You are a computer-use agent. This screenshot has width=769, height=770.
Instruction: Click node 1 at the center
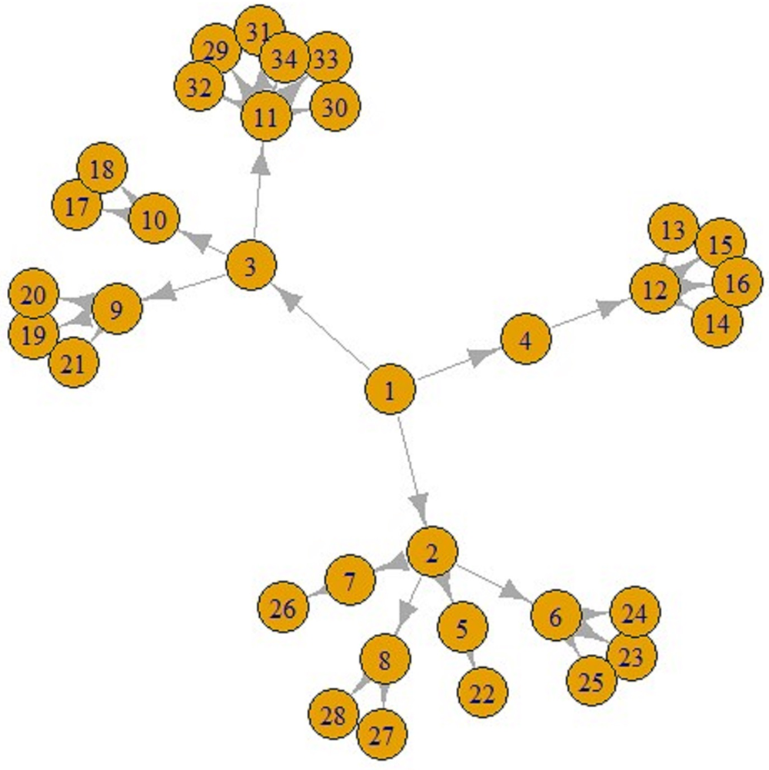390,391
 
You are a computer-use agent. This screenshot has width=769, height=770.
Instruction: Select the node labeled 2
432,552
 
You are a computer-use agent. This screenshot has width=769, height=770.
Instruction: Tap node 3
251,267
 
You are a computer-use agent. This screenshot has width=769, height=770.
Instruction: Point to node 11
265,118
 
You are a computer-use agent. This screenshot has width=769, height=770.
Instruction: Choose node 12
655,290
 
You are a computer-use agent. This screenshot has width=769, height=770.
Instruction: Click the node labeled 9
116,310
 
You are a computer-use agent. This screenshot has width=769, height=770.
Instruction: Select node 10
155,220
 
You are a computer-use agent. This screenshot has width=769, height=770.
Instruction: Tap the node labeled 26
283,609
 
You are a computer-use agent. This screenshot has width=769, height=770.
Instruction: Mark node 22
482,693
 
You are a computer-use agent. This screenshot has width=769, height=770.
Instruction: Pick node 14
717,323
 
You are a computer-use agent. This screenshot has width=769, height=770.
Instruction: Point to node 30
335,108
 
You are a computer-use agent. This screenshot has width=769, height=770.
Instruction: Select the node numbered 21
74,363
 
